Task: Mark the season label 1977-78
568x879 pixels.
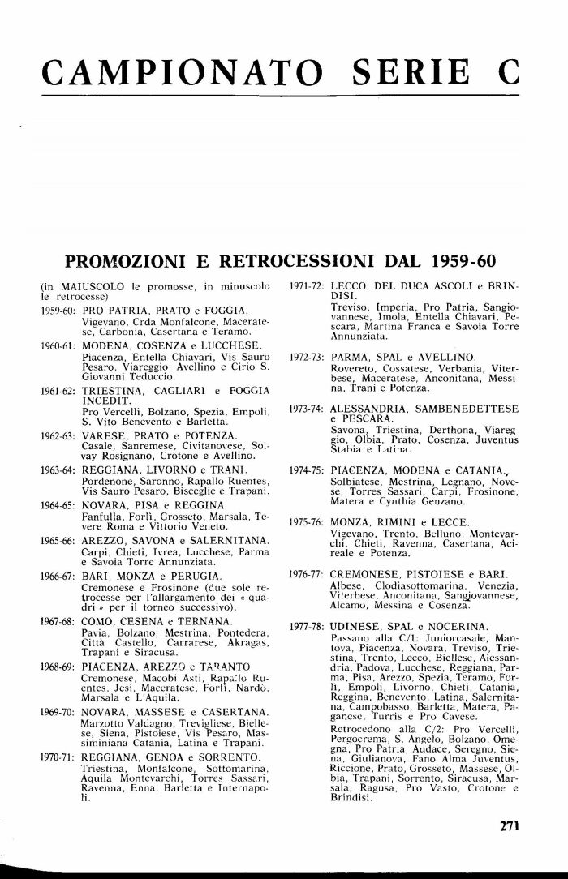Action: click(x=309, y=627)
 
